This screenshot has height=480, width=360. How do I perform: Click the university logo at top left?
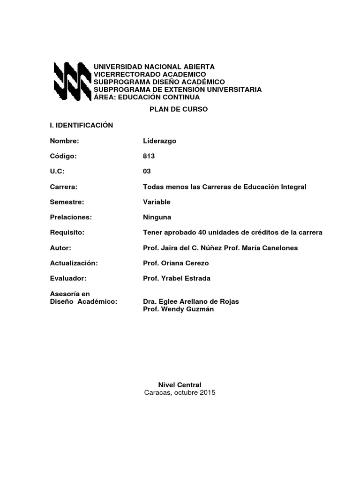click(x=72, y=82)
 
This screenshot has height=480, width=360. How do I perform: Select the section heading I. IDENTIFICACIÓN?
click(x=82, y=125)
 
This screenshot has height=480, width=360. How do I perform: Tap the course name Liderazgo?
click(x=159, y=141)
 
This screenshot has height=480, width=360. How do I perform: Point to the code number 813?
click(x=149, y=156)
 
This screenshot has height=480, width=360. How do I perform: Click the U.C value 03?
click(x=147, y=172)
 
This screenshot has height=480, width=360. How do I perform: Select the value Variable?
click(x=157, y=202)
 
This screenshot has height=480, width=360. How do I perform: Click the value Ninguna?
click(x=157, y=217)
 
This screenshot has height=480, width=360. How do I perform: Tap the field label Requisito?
click(x=67, y=232)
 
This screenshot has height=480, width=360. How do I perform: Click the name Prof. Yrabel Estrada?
click(x=177, y=278)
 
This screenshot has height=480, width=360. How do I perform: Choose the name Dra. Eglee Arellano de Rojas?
click(x=191, y=302)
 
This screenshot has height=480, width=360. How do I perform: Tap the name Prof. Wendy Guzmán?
click(x=178, y=310)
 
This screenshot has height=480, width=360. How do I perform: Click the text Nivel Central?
click(x=180, y=385)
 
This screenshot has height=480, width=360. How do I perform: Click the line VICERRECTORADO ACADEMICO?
click(x=150, y=75)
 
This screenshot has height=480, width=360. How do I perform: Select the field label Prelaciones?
click(x=71, y=217)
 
